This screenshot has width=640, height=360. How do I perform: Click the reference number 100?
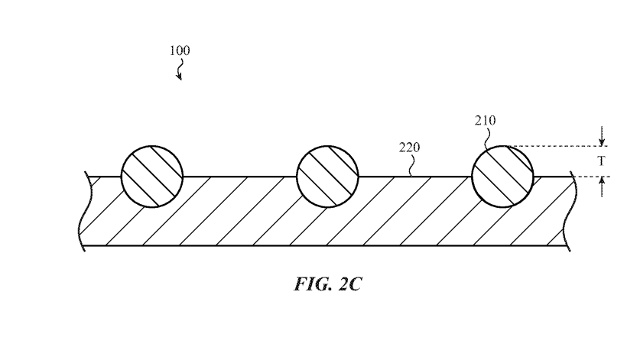(180, 51)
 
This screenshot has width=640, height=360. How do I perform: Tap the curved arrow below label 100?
(180, 72)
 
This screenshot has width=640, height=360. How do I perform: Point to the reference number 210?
(485, 121)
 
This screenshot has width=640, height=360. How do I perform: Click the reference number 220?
(409, 148)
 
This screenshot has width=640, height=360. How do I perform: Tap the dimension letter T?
(602, 161)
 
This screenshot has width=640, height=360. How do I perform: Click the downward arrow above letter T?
(603, 136)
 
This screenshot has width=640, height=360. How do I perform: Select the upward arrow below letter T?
(603, 186)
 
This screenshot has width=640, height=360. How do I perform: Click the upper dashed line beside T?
(558, 146)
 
